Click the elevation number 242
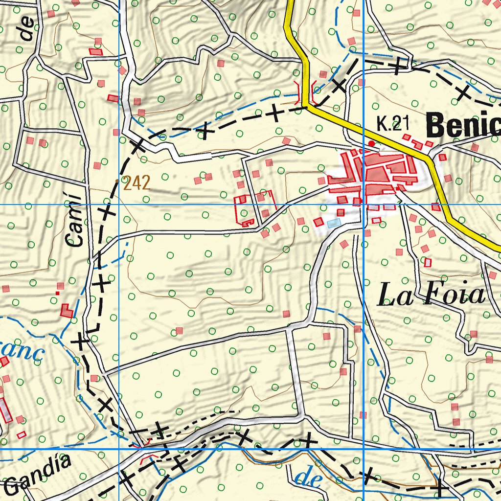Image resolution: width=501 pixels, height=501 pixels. tap(137, 183)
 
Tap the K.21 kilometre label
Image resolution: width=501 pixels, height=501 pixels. tap(392, 124)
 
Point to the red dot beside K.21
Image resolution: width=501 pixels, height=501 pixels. tap(371, 143)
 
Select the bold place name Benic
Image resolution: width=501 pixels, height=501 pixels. tap(462, 127)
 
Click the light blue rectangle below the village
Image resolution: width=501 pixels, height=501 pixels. tap(334, 223)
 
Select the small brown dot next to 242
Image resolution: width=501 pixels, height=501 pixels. tap(116, 181)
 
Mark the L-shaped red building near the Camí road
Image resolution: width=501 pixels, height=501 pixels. tap(67, 311)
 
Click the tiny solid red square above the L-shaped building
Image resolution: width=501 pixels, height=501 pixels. tap(57, 293)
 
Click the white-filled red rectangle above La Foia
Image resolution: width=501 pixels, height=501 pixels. tap(428, 262)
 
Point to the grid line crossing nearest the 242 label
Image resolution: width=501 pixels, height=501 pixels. tap(119, 205)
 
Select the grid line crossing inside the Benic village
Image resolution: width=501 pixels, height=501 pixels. tap(364, 205)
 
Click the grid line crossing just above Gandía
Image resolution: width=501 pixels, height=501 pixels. tap(119, 449)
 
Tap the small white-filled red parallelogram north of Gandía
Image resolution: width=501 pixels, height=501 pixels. tap(21, 434)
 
